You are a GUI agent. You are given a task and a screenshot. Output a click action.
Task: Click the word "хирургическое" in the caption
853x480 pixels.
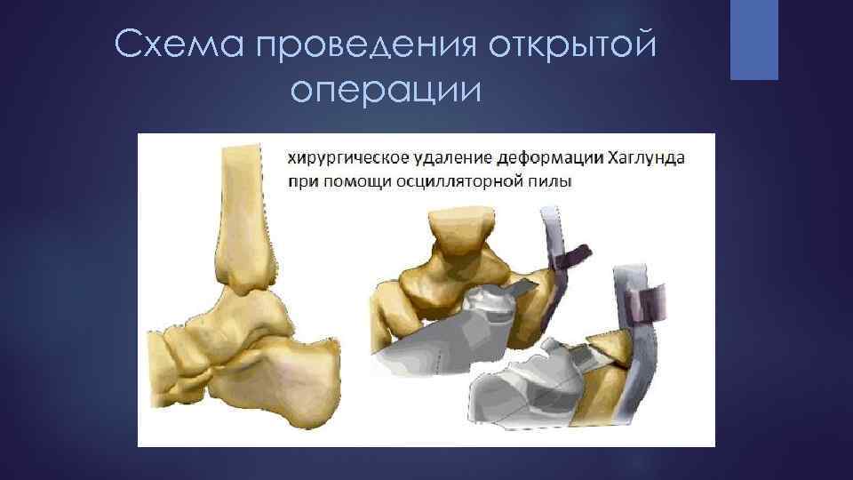tap(347, 158)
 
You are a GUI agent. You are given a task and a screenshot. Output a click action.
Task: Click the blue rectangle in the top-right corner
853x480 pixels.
tap(754, 39)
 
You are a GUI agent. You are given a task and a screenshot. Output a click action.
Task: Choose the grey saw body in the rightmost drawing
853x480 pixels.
tap(524, 391)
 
